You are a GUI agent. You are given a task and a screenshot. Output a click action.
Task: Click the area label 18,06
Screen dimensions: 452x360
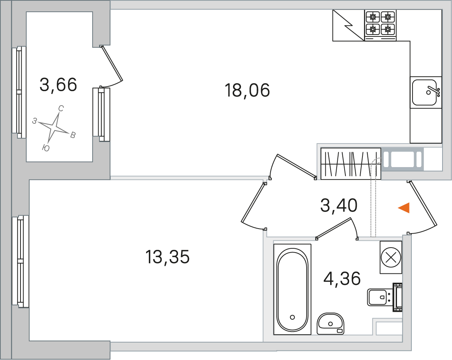pyautogui.click(x=247, y=90)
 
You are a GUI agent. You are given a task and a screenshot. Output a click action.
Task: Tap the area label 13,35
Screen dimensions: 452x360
pyautogui.click(x=167, y=257)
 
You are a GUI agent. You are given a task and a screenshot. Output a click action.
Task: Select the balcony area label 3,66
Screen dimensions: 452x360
pyautogui.click(x=58, y=85)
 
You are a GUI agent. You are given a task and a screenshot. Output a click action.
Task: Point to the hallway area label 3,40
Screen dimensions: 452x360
pyautogui.click(x=339, y=205)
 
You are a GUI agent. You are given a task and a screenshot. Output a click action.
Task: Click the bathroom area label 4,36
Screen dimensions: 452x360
pyautogui.click(x=342, y=278)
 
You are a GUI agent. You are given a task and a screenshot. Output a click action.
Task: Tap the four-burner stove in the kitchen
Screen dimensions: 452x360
pyautogui.click(x=380, y=25)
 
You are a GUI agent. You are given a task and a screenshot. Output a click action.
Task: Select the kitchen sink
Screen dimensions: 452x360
pyautogui.click(x=425, y=92)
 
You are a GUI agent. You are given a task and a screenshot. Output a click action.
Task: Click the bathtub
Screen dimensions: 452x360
pyautogui.click(x=292, y=289)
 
